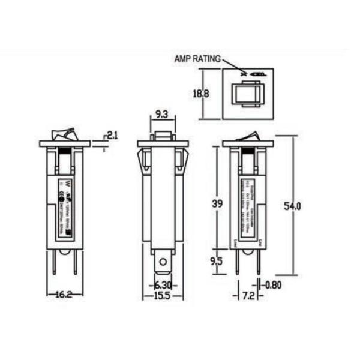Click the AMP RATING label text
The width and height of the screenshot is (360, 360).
(x=197, y=59)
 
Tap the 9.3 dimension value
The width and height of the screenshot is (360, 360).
(x=161, y=113)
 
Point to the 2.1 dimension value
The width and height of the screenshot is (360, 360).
(x=112, y=136)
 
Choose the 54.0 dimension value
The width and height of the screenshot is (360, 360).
(x=292, y=206)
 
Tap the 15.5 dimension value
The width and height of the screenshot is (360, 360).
(x=161, y=296)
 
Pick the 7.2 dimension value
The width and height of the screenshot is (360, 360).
(x=248, y=296)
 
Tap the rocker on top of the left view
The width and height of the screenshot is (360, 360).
(x=64, y=134)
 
